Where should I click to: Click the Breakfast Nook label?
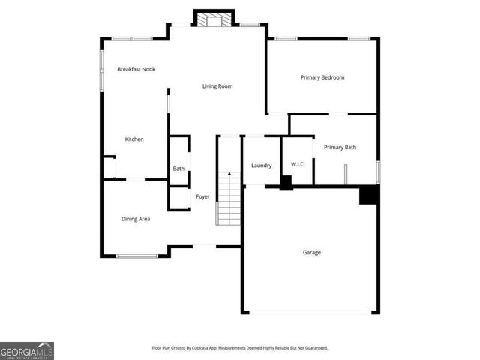coord(136,69)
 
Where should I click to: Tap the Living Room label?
coord(217,86)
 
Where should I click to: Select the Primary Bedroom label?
coord(322,77)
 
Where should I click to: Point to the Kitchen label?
coord(134,139)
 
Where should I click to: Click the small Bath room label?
coord(178,169)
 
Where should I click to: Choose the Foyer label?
coord(202,197)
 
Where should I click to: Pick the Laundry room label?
coord(261,166)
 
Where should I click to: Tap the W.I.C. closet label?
coord(297,166)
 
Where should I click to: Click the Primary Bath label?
coord(340,147)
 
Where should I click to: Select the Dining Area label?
coord(136,219)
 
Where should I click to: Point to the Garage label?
coord(312,252)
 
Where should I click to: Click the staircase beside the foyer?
coord(229,199)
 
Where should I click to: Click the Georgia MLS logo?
coord(27,350)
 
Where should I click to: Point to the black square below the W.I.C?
coord(286,183)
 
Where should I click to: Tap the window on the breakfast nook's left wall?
coord(102,72)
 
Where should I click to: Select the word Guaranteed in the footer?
coord(313,348)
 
